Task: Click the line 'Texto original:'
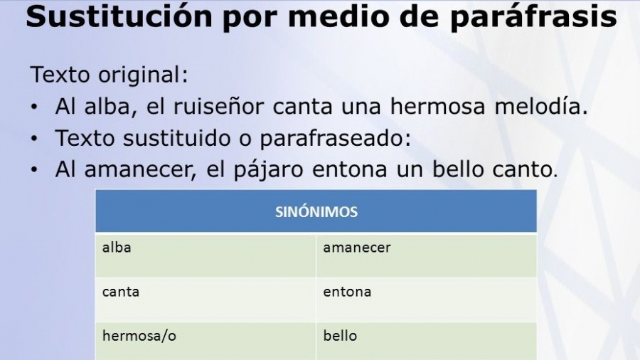click(110, 75)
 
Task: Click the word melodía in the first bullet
click(541, 106)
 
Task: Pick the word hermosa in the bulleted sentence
click(438, 106)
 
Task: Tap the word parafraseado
click(335, 138)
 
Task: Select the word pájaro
click(268, 170)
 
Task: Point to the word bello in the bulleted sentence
click(458, 169)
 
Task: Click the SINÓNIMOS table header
click(316, 212)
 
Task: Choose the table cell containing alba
click(206, 255)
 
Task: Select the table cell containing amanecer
click(427, 255)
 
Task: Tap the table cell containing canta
click(206, 300)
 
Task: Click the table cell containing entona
click(427, 300)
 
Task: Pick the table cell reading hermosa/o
click(206, 342)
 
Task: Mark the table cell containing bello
click(427, 342)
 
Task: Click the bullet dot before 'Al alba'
click(34, 107)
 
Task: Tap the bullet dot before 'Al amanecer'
click(34, 170)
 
